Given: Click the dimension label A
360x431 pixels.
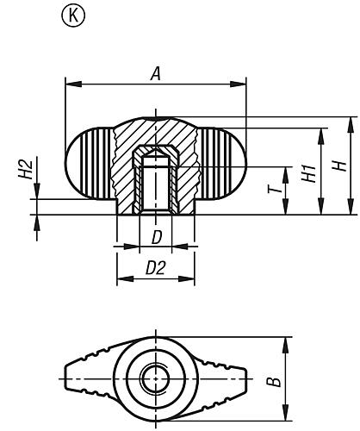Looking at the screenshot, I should point(156,74).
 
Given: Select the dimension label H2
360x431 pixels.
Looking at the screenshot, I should point(25,169).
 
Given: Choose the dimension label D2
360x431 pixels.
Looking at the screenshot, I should point(155,268).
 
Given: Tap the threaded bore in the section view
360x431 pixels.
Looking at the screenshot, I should point(156,185).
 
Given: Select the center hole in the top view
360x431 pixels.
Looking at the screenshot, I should point(156,377).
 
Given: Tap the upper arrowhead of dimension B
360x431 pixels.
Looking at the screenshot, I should point(283,341).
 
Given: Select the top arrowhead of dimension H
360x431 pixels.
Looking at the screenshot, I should point(351,120).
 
